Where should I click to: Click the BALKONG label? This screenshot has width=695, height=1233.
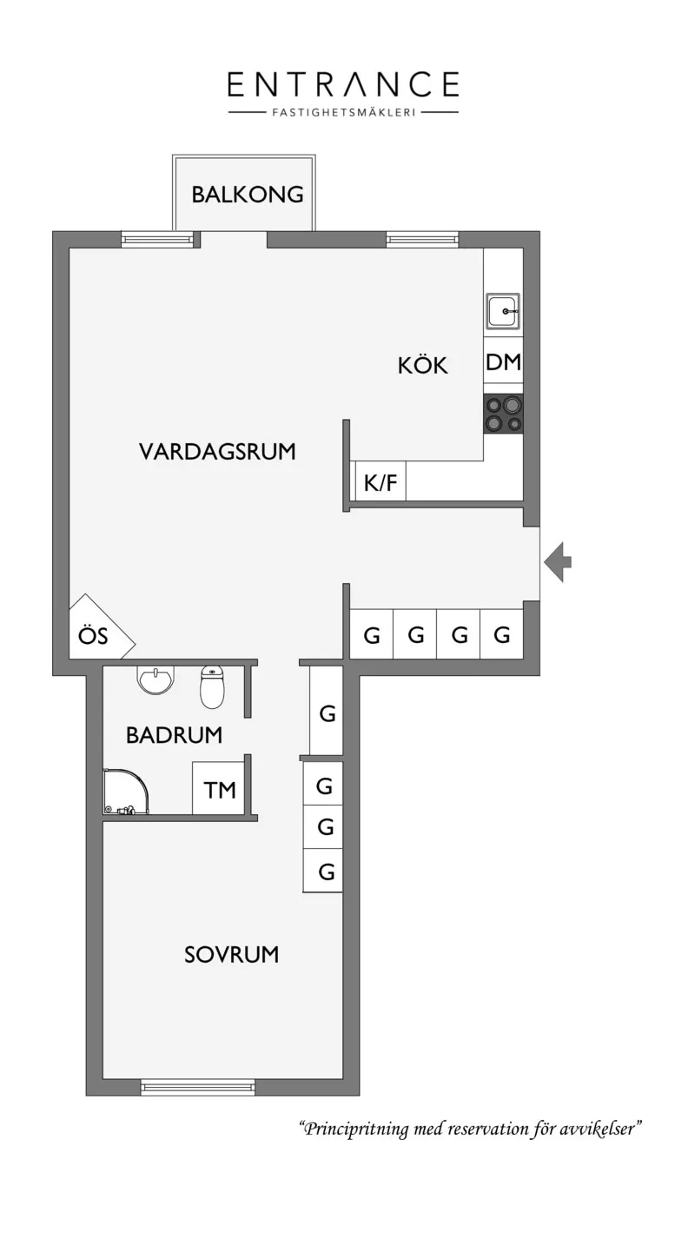(247, 195)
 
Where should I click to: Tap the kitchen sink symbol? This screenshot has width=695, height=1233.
(503, 311)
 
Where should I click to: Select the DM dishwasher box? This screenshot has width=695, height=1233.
(503, 361)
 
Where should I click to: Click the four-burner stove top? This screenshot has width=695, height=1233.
(503, 414)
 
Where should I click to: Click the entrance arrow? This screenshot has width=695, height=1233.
(558, 562)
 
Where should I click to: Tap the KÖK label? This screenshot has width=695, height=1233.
(422, 365)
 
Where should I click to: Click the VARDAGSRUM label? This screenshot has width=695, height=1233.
(217, 451)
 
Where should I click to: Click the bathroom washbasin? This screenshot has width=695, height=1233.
(156, 680)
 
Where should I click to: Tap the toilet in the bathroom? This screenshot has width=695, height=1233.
(212, 687)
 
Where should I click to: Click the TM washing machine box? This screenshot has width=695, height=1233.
(218, 788)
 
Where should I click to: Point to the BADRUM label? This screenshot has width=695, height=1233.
(174, 735)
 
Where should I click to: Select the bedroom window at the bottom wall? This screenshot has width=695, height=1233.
(198, 1087)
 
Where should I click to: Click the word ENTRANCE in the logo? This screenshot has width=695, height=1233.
(343, 84)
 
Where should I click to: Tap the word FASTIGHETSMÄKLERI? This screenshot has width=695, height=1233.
(343, 112)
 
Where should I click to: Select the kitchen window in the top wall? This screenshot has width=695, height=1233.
(422, 240)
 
